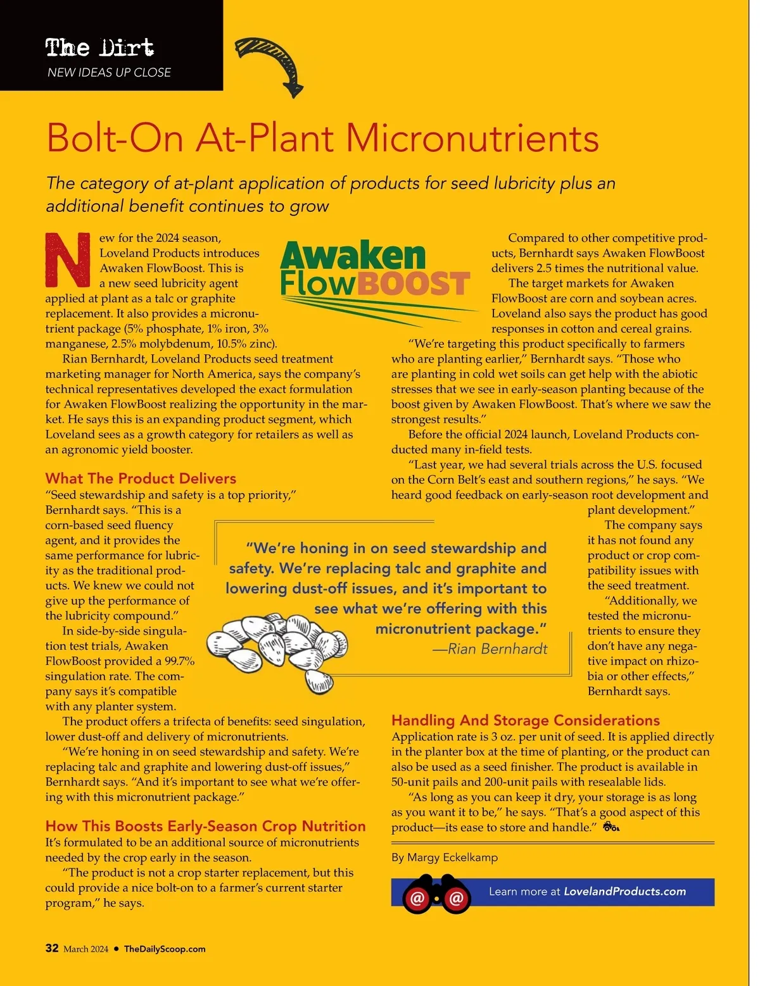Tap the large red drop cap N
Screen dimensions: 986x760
click(x=68, y=260)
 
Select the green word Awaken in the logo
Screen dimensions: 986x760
click(x=353, y=255)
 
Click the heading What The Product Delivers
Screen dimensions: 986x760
click(x=141, y=478)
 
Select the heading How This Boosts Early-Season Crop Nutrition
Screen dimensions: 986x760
click(x=205, y=826)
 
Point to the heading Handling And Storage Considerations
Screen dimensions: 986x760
click(x=525, y=720)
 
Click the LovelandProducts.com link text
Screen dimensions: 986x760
click(x=624, y=891)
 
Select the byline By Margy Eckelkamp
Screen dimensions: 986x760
click(x=445, y=858)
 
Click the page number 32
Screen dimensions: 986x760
click(x=52, y=948)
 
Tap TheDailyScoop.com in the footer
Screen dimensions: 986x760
click(x=165, y=949)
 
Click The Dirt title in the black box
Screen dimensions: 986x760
click(x=99, y=47)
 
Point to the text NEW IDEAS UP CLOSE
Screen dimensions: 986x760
click(x=109, y=73)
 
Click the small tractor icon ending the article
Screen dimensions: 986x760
click(x=611, y=827)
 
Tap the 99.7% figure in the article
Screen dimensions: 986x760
click(x=179, y=661)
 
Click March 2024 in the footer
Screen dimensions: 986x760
click(x=86, y=949)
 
